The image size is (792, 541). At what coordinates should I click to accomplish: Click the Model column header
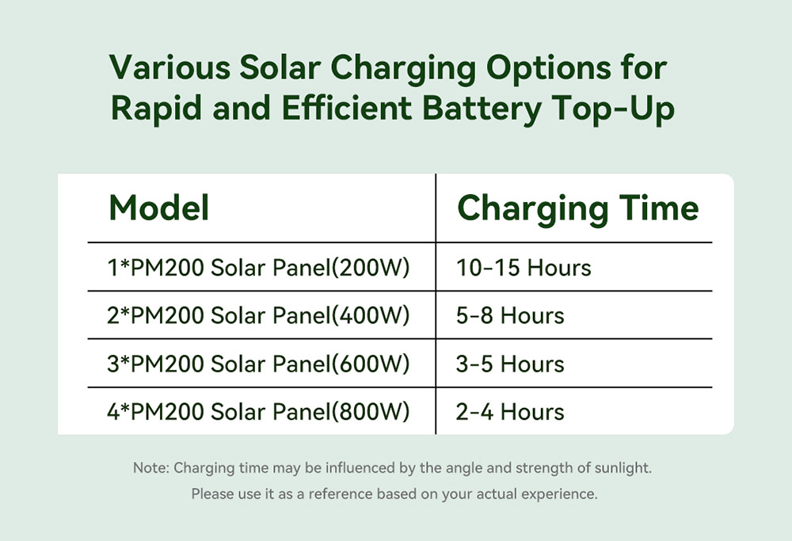point(159,208)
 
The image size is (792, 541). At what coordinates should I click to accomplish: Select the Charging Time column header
point(578,208)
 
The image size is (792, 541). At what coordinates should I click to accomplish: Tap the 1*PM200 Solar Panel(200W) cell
point(259,268)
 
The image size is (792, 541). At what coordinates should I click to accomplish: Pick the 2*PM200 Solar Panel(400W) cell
point(259,316)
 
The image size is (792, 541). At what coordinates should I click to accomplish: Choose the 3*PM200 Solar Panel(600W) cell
point(259,364)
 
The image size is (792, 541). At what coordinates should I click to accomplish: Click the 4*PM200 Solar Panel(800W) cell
point(259,413)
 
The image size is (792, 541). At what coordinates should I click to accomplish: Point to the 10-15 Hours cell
point(524,268)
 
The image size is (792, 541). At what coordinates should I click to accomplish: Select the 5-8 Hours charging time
point(510,316)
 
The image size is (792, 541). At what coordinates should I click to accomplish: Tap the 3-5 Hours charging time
point(510,364)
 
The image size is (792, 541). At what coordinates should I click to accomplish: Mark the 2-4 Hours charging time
point(510,413)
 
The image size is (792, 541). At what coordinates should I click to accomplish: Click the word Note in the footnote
point(150,468)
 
